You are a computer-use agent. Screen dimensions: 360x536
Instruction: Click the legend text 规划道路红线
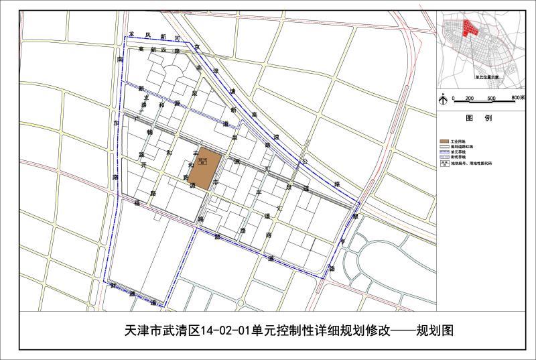[x=462, y=147]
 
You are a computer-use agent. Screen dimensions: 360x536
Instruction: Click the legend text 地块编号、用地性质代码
[x=468, y=163]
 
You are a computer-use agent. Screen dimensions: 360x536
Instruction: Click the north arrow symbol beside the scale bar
[x=444, y=98]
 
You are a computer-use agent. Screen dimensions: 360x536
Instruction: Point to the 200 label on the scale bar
[x=470, y=99]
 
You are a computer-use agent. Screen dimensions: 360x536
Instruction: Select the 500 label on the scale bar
[x=491, y=99]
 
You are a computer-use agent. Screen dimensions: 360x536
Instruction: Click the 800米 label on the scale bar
[x=517, y=98]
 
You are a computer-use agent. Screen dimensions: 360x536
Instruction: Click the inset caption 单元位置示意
[x=487, y=77]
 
